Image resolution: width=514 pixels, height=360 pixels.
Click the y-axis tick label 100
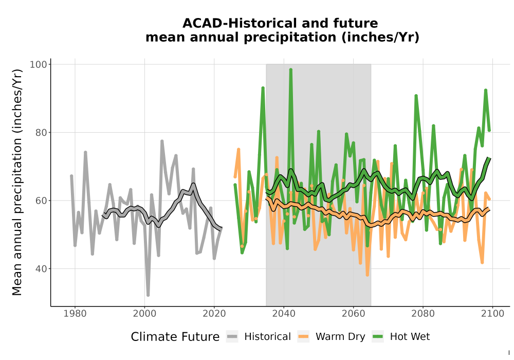coord(39,64)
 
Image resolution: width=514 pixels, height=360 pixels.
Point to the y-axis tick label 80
coord(41,133)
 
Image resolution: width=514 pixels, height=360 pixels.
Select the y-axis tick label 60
coord(41,201)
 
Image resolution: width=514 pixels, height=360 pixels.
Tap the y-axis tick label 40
coord(41,269)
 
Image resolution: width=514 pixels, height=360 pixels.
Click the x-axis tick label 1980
coord(75,314)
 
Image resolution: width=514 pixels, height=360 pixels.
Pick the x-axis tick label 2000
coord(144,314)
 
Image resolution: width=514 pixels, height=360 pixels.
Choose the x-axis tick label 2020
coord(214,314)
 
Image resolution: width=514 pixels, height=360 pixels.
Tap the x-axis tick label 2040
coord(284,314)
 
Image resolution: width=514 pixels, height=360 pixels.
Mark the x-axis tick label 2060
coord(354,314)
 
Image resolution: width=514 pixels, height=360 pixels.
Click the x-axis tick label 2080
coord(423,314)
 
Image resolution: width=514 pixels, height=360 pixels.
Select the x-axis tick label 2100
coord(492,314)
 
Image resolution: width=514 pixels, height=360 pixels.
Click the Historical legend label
coord(267,337)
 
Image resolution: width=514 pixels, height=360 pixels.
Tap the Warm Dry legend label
coord(340,337)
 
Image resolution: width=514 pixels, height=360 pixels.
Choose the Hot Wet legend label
coord(410,337)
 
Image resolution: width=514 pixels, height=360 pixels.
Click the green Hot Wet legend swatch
coord(378,337)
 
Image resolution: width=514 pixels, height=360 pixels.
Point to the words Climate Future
coord(175,337)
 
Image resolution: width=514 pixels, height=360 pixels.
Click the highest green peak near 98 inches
coord(290,69)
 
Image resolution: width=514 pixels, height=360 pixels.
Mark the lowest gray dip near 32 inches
coord(148,295)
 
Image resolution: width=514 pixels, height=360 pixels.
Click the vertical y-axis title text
coord(17,182)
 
